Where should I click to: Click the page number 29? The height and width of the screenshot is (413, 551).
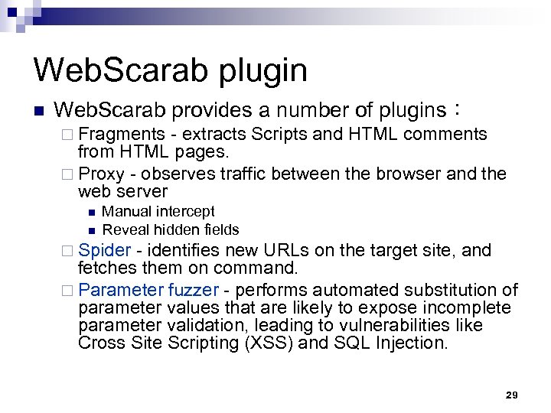point(512,395)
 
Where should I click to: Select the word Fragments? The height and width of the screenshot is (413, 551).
point(121,135)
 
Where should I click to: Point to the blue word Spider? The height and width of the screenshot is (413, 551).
point(104,250)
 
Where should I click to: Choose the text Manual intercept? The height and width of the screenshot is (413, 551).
point(158,211)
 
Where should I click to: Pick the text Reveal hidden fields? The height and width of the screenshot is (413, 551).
point(171,229)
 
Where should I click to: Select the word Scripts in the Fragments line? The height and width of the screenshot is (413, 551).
point(280,135)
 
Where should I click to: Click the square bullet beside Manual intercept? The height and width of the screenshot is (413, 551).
point(90,212)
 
